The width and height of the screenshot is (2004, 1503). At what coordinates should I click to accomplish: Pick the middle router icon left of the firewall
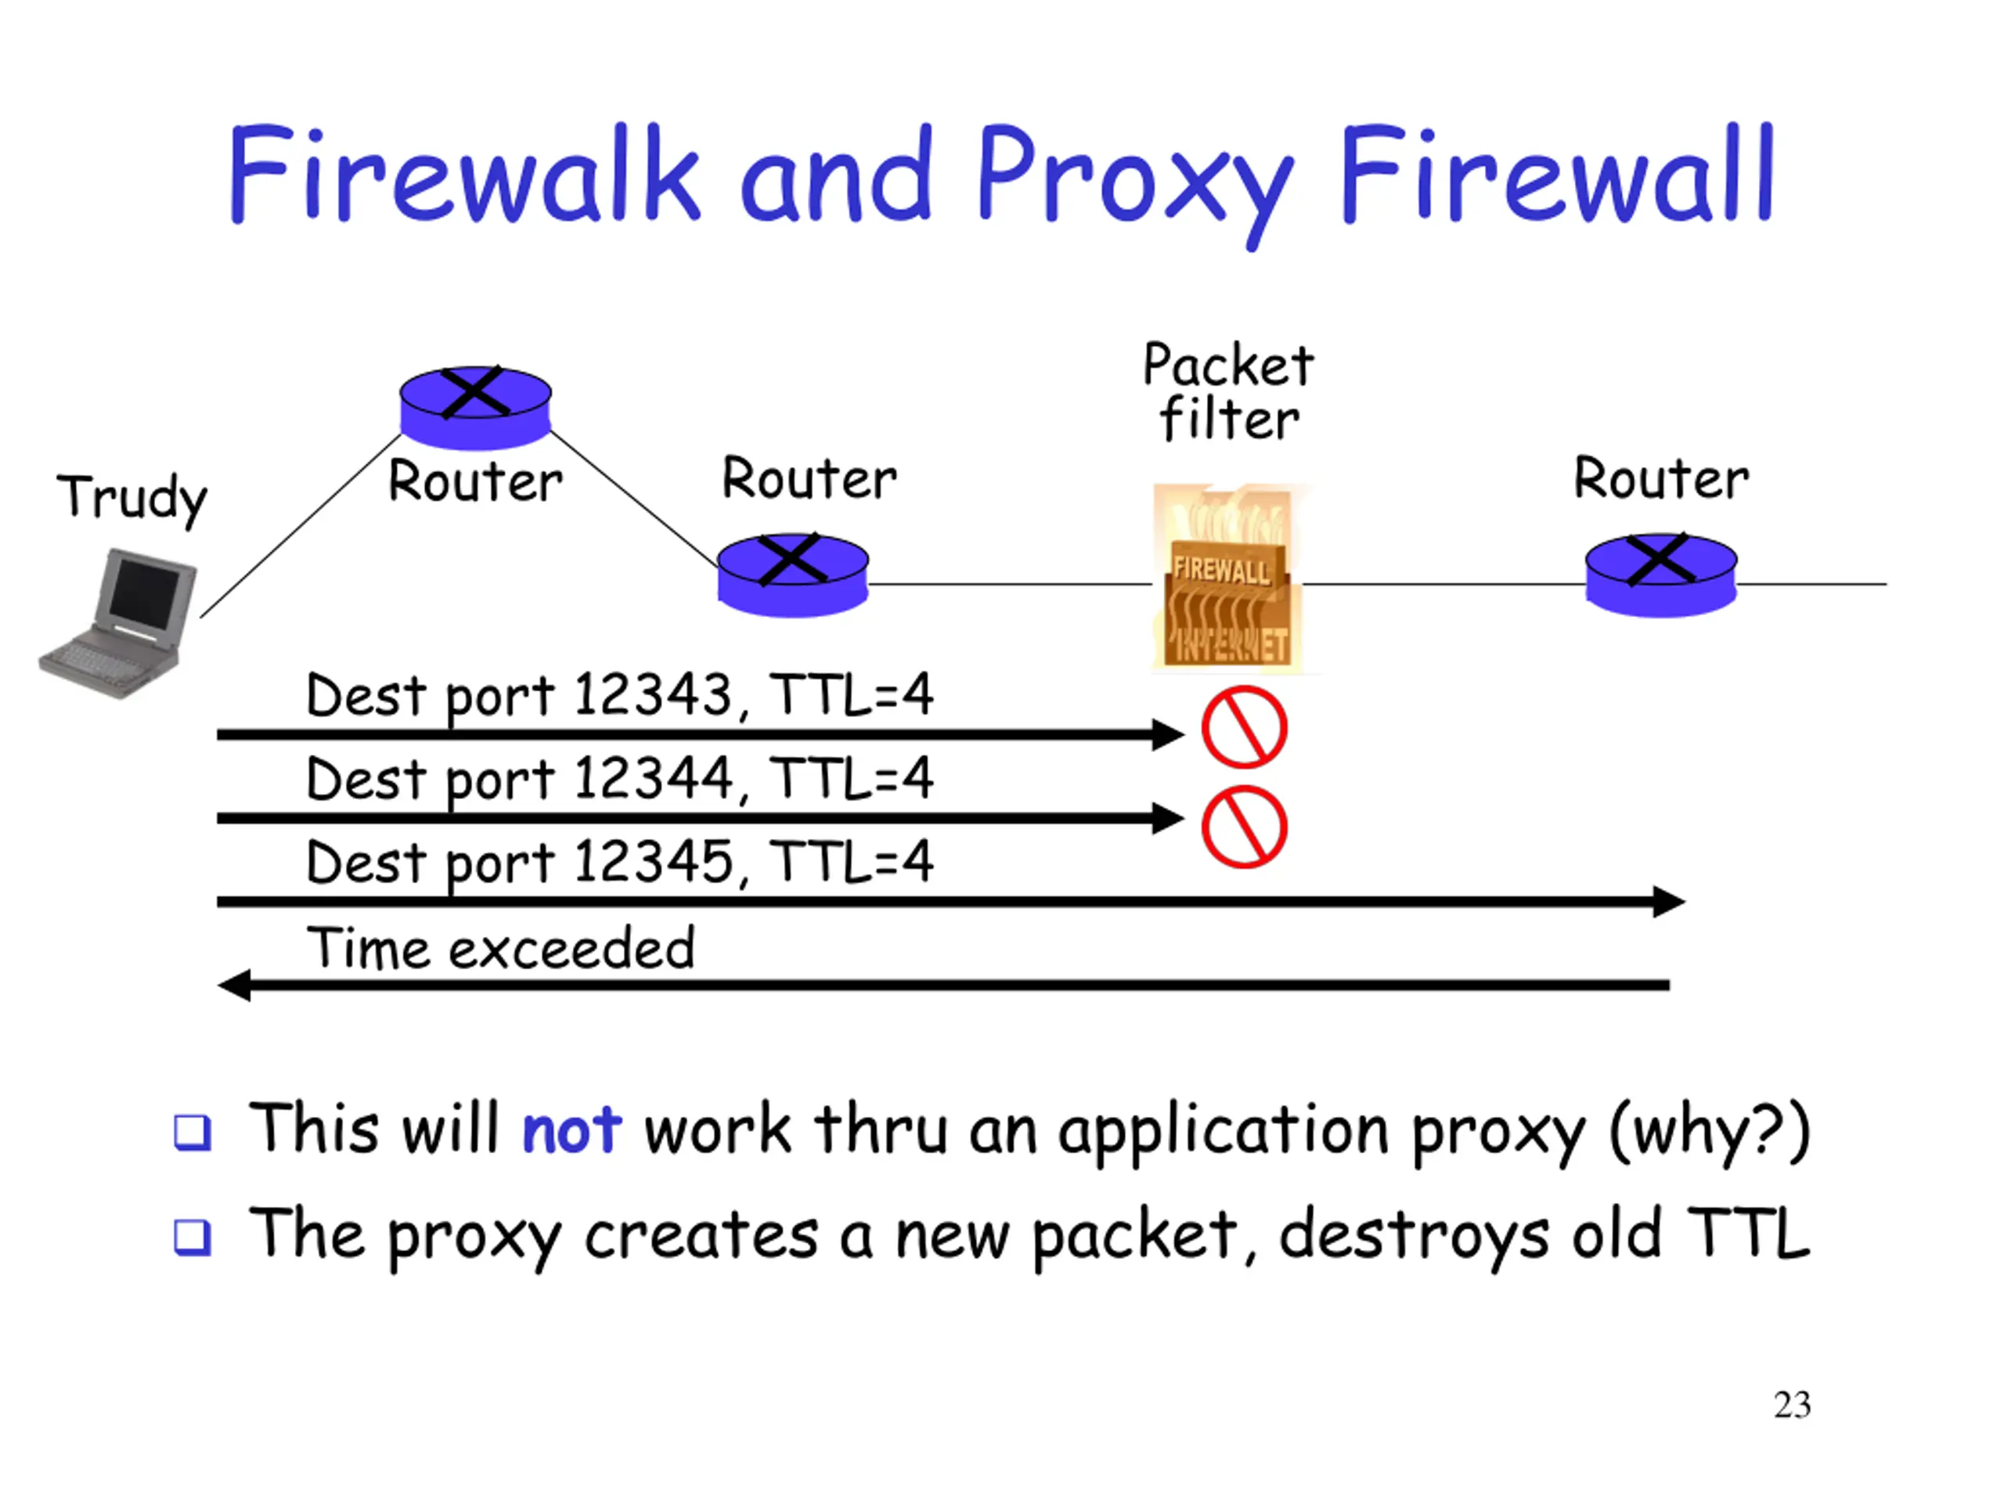coord(793,575)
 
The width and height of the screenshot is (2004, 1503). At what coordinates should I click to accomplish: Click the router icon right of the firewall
coord(1660,575)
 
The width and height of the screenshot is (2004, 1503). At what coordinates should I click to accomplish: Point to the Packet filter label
coord(1228,392)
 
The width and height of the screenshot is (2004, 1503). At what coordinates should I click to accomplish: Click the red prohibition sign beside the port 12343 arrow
coord(1244,727)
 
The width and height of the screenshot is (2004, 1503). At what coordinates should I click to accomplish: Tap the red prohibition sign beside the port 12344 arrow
coord(1244,827)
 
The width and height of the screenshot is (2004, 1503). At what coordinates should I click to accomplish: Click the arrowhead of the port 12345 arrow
coord(1669,902)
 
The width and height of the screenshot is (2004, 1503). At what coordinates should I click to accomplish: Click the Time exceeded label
coord(501,949)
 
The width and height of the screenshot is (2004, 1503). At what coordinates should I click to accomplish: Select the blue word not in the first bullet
coord(571,1130)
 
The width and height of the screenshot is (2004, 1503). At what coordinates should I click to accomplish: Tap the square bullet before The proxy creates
coord(192,1238)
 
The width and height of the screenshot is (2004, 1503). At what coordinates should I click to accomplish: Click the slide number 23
coord(1792,1405)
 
